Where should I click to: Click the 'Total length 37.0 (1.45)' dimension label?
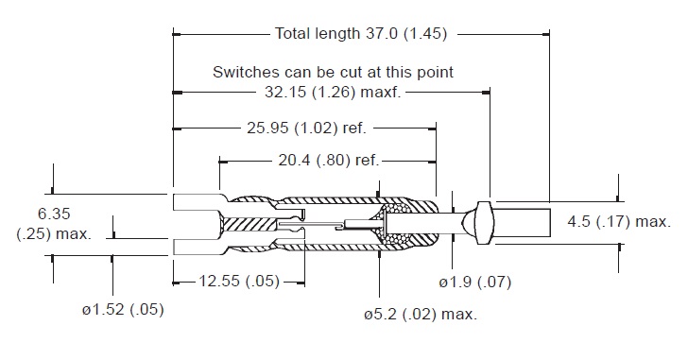(x=361, y=33)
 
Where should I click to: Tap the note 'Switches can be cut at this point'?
(x=333, y=72)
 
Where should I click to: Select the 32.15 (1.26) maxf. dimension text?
(x=333, y=93)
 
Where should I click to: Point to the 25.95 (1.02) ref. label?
(x=306, y=129)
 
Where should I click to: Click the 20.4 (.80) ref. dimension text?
(x=328, y=161)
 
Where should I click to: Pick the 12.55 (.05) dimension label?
(x=239, y=281)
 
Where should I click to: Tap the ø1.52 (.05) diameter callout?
(x=123, y=310)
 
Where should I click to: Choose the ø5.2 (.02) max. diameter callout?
(x=421, y=314)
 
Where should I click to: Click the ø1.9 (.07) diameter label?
(x=475, y=282)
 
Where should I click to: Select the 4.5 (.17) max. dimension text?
(x=619, y=221)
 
